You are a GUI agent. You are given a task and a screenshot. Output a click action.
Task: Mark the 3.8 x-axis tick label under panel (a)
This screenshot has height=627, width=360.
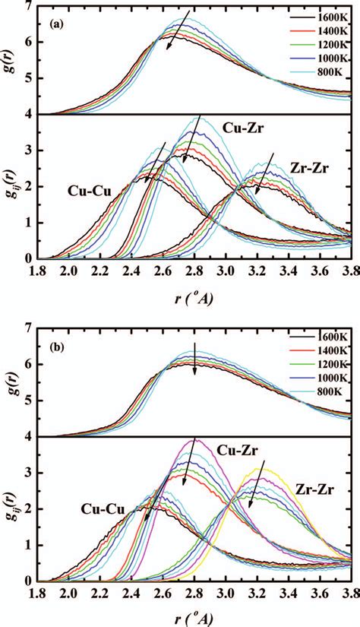[349, 270]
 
